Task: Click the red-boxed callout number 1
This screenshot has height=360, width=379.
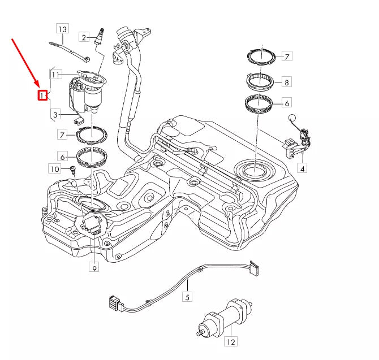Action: (x=42, y=96)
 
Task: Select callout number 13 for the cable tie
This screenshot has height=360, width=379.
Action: (x=63, y=29)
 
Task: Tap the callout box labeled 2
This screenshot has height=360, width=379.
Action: (x=84, y=37)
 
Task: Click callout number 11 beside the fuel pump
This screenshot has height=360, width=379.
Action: (x=56, y=75)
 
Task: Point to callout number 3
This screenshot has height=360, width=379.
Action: (x=55, y=115)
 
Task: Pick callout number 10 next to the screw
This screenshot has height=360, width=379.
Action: (x=55, y=169)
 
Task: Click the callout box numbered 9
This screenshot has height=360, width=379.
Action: (x=94, y=267)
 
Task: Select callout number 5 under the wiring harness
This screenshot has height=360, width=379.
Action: (x=187, y=297)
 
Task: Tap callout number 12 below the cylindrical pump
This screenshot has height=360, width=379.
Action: (x=231, y=341)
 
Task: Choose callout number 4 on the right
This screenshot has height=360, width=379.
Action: (x=303, y=168)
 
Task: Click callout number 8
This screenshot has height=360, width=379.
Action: (x=287, y=82)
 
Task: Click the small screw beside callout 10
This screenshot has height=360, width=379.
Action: (x=72, y=169)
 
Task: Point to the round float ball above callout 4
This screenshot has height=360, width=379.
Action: (x=292, y=118)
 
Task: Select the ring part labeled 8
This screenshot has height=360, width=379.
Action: (x=260, y=82)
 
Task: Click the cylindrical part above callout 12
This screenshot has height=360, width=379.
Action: (x=224, y=318)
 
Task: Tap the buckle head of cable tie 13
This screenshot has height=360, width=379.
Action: (x=87, y=59)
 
